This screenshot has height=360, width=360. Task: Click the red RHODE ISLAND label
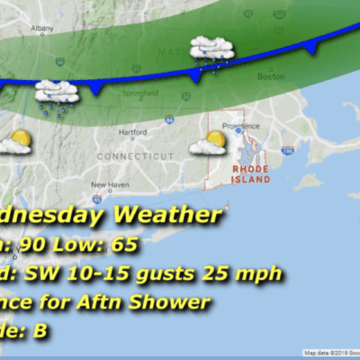point(251,174)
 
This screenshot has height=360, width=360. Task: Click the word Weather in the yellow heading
point(166,216)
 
